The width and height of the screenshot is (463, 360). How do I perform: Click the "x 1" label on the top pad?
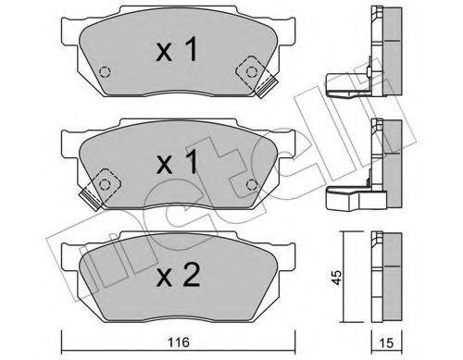[177, 52]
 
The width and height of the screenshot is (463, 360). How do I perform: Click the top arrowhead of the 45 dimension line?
[344, 231]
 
